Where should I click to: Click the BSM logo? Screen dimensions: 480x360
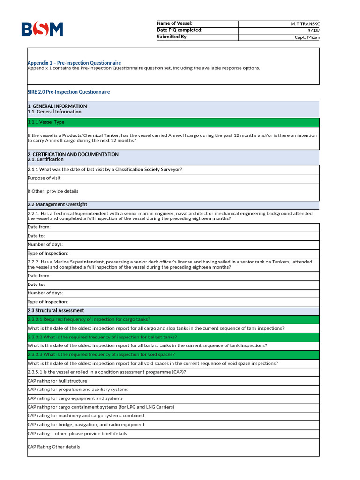click(x=42, y=30)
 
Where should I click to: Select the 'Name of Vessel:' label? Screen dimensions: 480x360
click(x=174, y=23)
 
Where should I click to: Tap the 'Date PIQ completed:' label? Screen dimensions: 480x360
click(x=180, y=30)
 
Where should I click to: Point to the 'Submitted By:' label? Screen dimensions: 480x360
click(x=172, y=37)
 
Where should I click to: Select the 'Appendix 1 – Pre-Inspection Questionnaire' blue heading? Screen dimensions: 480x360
click(x=74, y=63)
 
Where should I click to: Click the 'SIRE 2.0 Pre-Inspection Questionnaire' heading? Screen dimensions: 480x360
click(x=69, y=92)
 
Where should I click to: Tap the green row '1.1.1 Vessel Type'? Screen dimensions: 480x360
click(x=46, y=122)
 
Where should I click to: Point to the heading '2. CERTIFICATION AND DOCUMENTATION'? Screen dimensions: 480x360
click(x=73, y=154)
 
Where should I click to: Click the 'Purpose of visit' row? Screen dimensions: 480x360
click(x=44, y=178)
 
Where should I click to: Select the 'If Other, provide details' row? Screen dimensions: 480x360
click(x=53, y=191)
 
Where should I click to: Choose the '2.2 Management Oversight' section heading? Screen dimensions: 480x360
click(x=57, y=204)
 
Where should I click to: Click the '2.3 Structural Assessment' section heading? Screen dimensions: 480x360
click(x=56, y=310)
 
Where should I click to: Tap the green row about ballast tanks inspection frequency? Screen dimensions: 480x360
click(x=102, y=337)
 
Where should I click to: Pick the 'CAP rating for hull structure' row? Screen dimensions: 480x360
click(x=57, y=381)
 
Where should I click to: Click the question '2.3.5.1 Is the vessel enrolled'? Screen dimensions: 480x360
click(x=107, y=372)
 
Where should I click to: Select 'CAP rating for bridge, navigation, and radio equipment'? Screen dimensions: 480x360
click(x=86, y=425)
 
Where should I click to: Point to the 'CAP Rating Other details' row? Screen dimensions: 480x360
click(x=53, y=447)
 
